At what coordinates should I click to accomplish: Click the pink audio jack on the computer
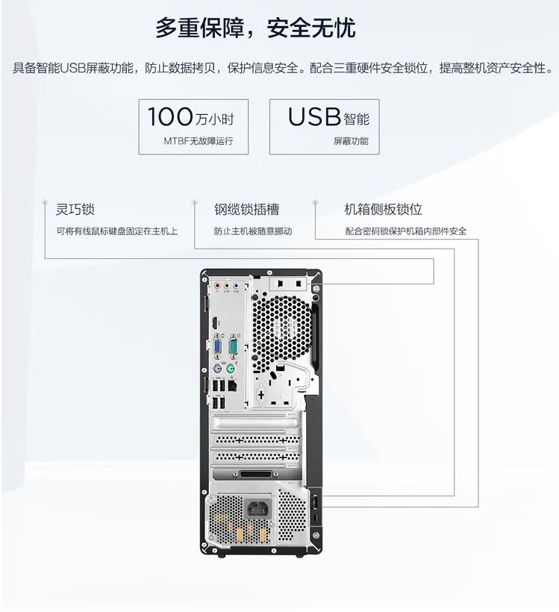point(217,285)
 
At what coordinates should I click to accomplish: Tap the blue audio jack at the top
point(236,285)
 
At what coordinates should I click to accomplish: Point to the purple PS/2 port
point(218,368)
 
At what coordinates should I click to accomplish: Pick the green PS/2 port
point(231,368)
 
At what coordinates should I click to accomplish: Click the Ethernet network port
point(233,386)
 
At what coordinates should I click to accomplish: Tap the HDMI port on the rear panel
point(215,324)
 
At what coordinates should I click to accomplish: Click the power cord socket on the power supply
point(258,509)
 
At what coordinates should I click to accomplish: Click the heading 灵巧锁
point(75,209)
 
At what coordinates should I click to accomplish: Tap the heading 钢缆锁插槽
point(247,209)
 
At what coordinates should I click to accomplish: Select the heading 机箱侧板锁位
point(384,209)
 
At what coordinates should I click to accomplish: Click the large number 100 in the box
point(170,116)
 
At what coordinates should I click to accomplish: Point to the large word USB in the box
point(315,116)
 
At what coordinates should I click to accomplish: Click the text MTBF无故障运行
point(199,141)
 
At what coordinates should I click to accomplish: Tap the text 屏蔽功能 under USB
point(351,141)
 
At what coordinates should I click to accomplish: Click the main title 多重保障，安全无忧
point(256,28)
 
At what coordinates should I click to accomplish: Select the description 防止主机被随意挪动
point(253,231)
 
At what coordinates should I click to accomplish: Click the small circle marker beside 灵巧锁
point(45,202)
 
